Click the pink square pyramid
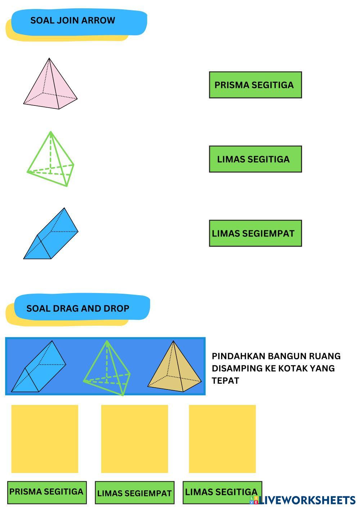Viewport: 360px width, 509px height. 50,86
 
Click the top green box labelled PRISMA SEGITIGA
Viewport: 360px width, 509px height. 255,85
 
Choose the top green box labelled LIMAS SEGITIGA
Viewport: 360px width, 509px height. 255,159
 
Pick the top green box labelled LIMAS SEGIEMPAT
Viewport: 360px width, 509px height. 255,233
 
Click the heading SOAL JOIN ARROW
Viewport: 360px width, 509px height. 73,21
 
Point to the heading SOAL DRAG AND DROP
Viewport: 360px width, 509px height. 78,308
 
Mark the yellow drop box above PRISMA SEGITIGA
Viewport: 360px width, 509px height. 45,439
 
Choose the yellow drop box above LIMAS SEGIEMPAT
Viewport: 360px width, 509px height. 134,439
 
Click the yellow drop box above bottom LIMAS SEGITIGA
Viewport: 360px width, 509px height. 222,439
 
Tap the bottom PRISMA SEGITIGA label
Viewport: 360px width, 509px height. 46,492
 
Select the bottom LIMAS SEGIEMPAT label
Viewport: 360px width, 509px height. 134,493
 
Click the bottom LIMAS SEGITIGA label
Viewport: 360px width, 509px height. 221,492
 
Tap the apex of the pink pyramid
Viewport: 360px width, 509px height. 49,58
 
